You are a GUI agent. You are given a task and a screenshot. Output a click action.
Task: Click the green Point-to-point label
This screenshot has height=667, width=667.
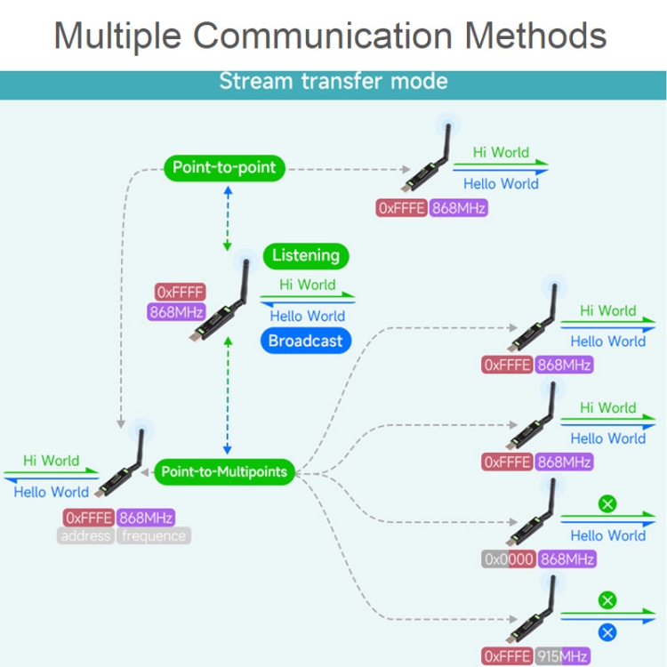[224, 167]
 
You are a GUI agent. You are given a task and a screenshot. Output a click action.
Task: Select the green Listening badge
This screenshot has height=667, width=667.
[306, 256]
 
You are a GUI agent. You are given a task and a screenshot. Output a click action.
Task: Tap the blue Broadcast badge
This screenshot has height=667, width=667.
[305, 341]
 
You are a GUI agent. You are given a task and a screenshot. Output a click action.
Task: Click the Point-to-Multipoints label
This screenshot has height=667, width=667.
[224, 472]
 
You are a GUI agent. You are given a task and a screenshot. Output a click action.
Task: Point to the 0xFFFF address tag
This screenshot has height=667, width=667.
[181, 293]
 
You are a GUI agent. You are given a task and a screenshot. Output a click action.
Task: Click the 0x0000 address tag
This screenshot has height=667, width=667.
[509, 559]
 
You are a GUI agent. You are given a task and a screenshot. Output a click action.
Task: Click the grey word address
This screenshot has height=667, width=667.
[86, 535]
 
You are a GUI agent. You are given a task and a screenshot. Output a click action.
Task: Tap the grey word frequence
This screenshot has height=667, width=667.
[154, 535]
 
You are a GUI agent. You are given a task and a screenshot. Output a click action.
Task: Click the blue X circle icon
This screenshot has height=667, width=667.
[608, 633]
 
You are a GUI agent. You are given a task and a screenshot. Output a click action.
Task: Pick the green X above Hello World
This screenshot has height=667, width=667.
[608, 504]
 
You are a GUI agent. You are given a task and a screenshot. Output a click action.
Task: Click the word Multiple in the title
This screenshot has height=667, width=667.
[117, 36]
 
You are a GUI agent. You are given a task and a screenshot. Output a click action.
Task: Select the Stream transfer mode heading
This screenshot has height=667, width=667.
[333, 82]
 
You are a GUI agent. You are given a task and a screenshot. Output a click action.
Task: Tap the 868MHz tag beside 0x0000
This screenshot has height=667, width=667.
[567, 559]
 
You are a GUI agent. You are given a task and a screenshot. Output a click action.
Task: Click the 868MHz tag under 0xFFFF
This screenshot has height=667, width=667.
[176, 312]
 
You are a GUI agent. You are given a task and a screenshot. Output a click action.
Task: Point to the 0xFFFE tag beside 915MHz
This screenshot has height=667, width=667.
[508, 655]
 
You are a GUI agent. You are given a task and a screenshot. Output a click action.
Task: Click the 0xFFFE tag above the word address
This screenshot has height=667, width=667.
[89, 518]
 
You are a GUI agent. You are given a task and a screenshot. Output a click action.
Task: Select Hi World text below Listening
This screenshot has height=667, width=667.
[308, 285]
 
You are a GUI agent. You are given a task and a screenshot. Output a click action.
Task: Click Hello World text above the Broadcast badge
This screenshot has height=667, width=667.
[308, 316]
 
